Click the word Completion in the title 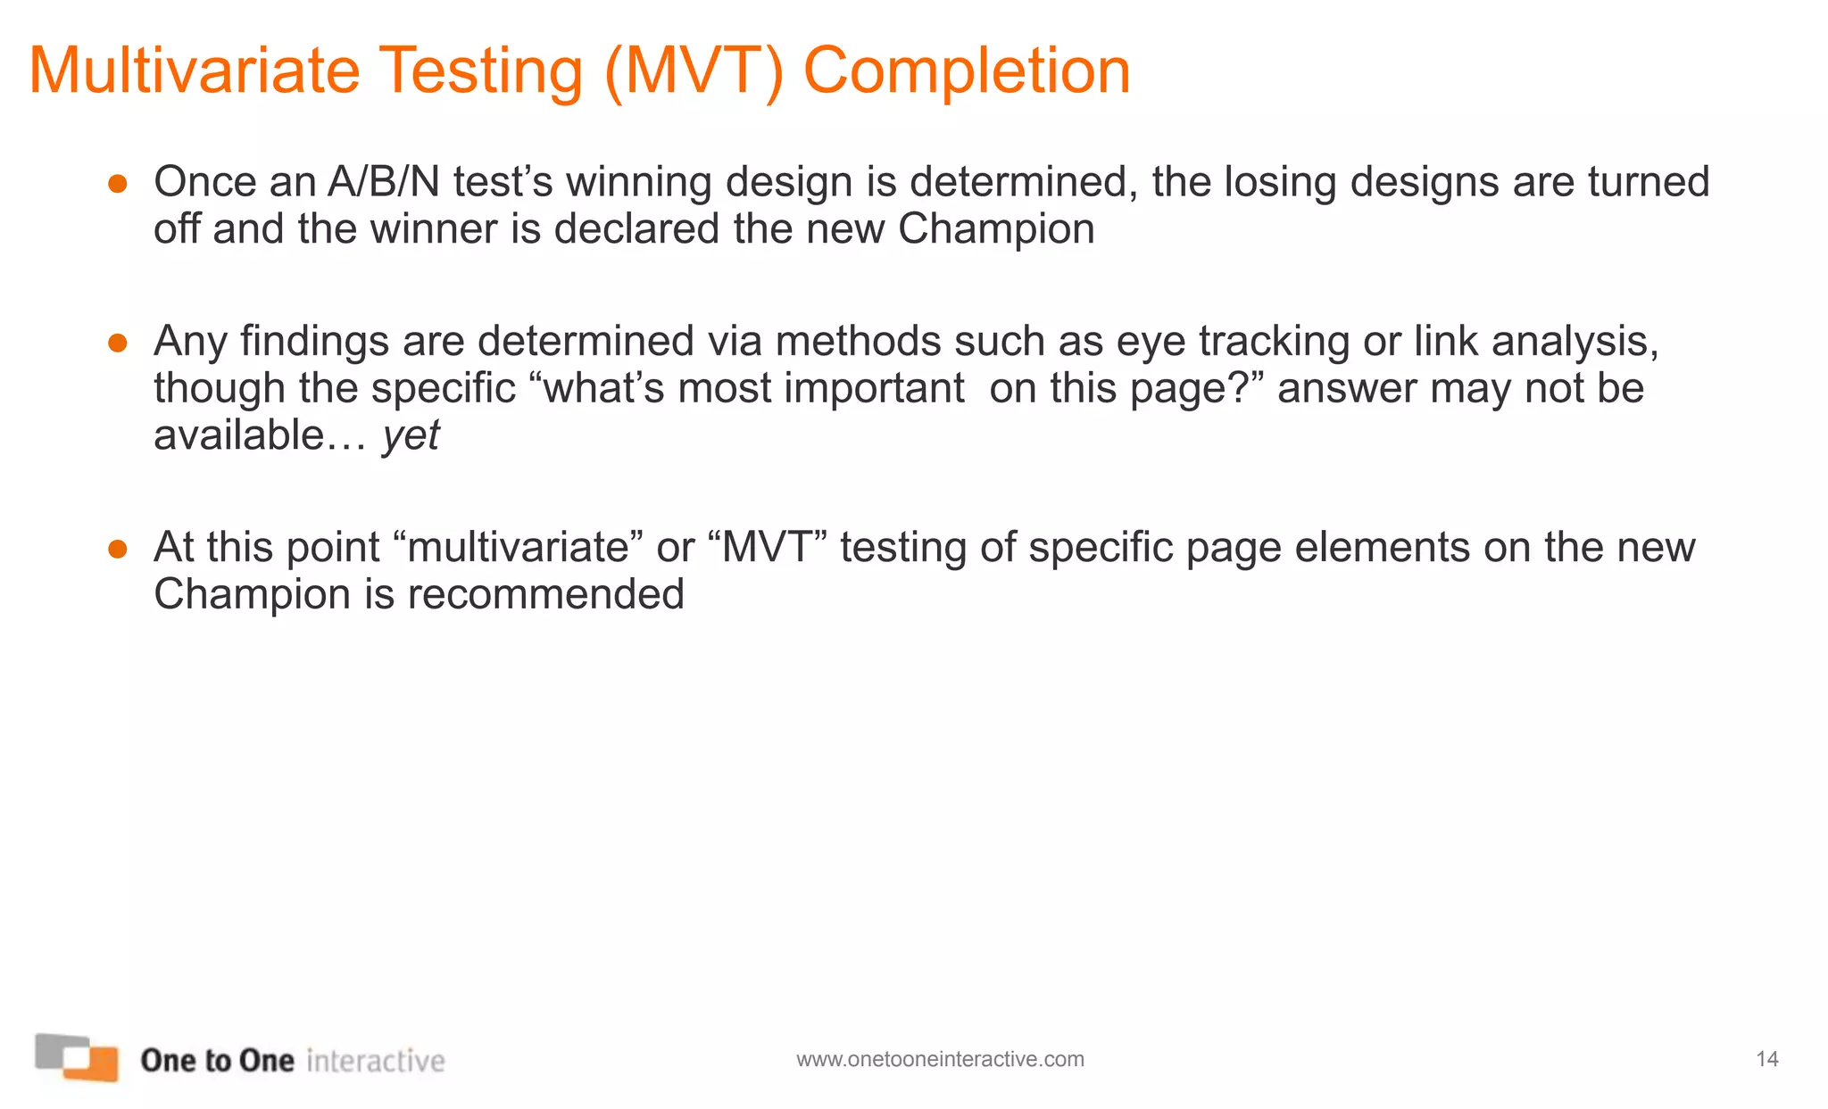[x=967, y=71]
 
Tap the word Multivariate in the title [x=194, y=71]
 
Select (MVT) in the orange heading [x=694, y=71]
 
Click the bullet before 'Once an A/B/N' [x=117, y=184]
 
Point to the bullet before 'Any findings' [x=117, y=343]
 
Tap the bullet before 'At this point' [x=117, y=549]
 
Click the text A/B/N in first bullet [x=384, y=182]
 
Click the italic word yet [x=411, y=436]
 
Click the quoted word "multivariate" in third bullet [x=518, y=547]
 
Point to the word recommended [x=545, y=594]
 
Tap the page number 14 [x=1767, y=1059]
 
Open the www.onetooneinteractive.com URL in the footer [x=940, y=1059]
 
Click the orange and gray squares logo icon [x=78, y=1058]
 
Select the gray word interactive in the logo [x=375, y=1060]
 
